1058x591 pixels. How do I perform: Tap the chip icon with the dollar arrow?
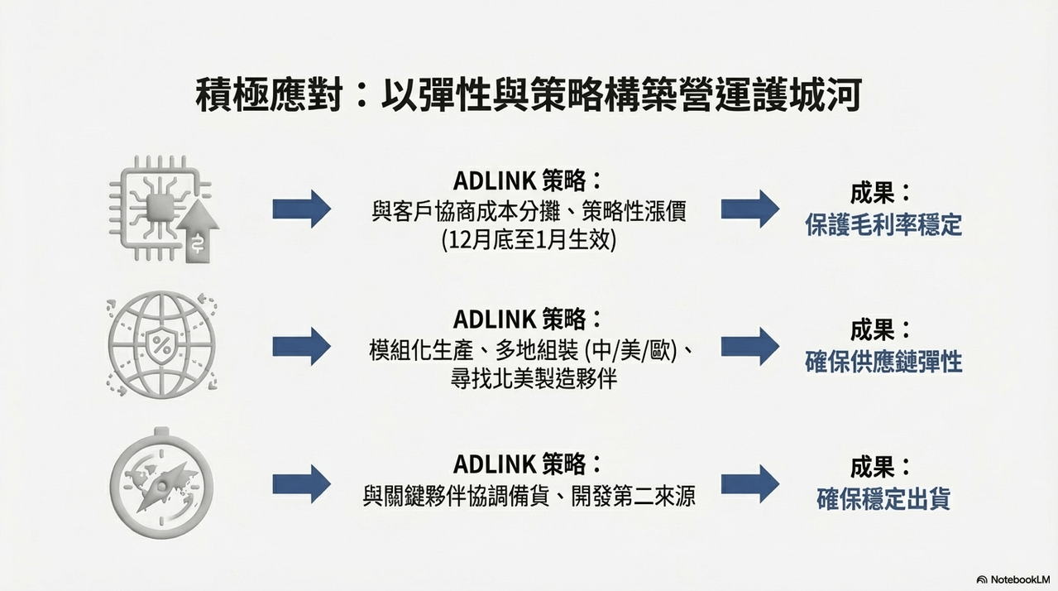[163, 209]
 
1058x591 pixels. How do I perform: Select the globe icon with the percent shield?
[162, 344]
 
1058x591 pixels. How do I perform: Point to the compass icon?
[161, 483]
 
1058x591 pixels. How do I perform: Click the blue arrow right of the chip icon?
[302, 209]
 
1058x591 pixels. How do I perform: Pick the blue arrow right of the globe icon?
[302, 346]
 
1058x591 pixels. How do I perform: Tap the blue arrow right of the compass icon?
[302, 483]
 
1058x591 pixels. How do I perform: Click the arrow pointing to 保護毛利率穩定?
[750, 209]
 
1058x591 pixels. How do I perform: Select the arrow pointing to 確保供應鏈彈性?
[750, 346]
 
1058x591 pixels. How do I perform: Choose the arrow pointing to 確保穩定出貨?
[750, 483]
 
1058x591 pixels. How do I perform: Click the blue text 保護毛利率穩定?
[883, 224]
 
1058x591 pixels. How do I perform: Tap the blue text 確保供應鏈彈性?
[883, 363]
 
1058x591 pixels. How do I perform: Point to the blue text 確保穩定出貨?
[883, 499]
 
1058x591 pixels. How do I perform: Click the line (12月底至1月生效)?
[529, 241]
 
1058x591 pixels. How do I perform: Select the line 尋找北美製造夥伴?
[534, 379]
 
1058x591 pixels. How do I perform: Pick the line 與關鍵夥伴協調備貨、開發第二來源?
[529, 497]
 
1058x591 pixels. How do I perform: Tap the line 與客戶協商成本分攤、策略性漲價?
[529, 211]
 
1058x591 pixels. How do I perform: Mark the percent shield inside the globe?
[161, 344]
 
